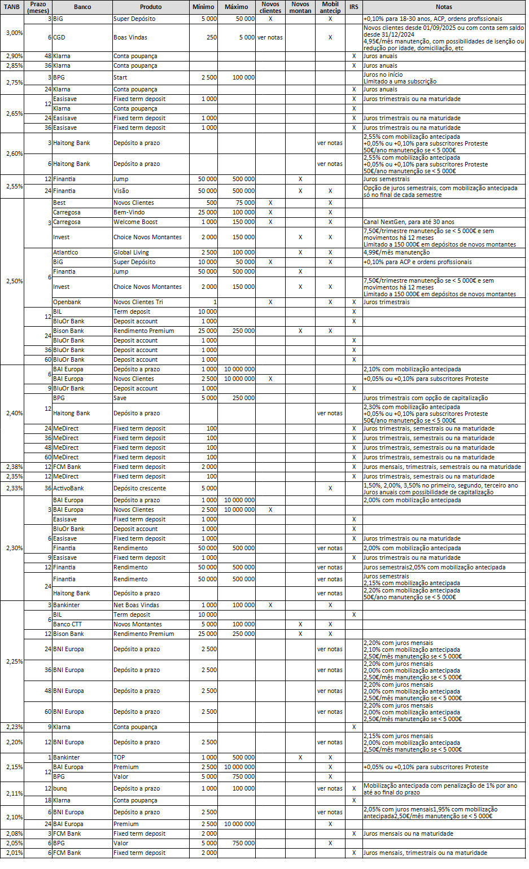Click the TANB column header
[12, 7]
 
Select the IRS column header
[353, 7]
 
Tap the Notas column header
[444, 7]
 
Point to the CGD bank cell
[59, 38]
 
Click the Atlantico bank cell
[65, 253]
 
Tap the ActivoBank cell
[68, 489]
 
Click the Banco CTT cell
[68, 625]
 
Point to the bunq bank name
[60, 789]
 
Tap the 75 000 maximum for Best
[244, 203]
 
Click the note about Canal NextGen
[409, 222]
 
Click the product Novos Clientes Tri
[138, 302]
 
